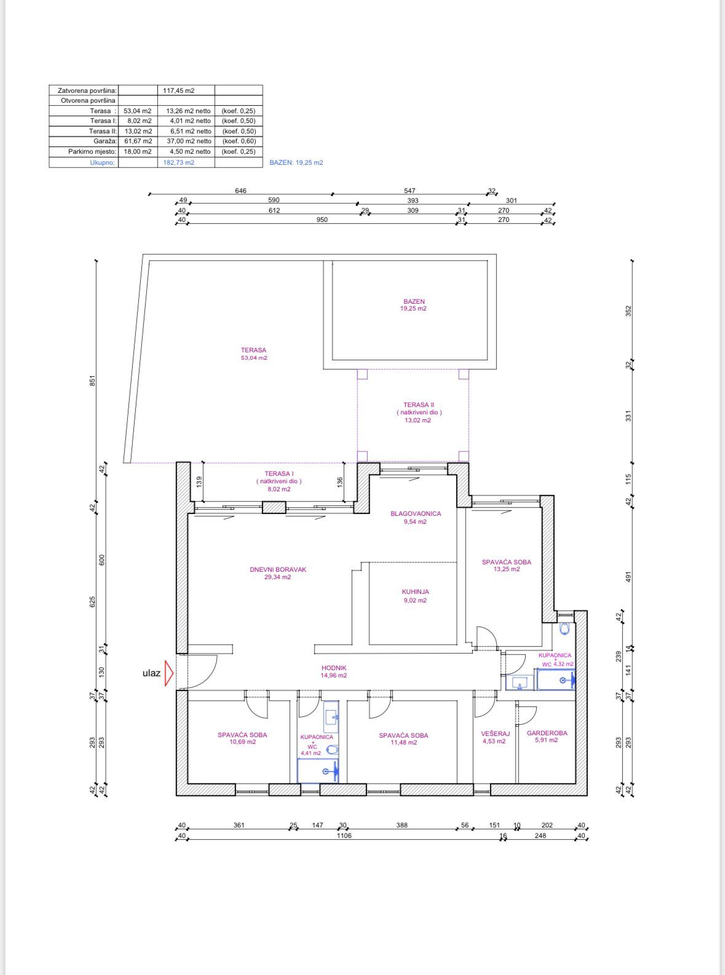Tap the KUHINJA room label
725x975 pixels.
pos(415,591)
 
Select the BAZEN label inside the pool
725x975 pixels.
pos(414,302)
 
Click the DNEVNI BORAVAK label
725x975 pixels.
pos(278,569)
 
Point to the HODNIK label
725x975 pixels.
pos(334,668)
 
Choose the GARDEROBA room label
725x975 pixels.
pos(547,733)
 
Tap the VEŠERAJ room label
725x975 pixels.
pos(495,733)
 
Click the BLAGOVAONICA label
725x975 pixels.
pos(416,513)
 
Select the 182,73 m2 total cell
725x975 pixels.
pos(178,162)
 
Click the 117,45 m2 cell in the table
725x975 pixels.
pos(178,90)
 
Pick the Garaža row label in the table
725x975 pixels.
pos(105,141)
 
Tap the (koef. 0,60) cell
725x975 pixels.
pos(239,141)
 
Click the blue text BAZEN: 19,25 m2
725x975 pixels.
pos(296,162)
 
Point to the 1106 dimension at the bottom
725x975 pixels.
pos(344,835)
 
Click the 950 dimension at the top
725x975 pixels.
pos(322,219)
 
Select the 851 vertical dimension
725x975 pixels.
pos(92,381)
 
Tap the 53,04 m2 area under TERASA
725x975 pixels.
pos(254,358)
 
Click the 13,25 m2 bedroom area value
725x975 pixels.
pos(507,569)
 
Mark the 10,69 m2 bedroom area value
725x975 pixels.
pos(242,741)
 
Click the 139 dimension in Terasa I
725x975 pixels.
pos(199,482)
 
